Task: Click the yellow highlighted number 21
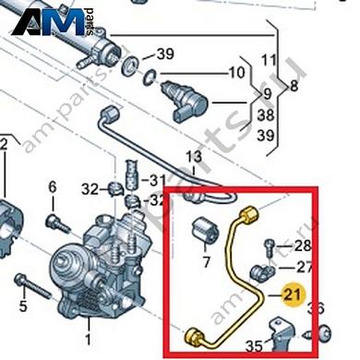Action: pyautogui.click(x=293, y=295)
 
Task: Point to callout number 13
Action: pyautogui.click(x=194, y=158)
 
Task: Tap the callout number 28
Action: pyautogui.click(x=304, y=246)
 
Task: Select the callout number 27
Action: pyautogui.click(x=304, y=268)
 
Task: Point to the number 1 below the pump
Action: pyautogui.click(x=88, y=325)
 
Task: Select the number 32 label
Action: pyautogui.click(x=90, y=189)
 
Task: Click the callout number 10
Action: pyautogui.click(x=236, y=72)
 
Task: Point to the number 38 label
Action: pyautogui.click(x=264, y=117)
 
